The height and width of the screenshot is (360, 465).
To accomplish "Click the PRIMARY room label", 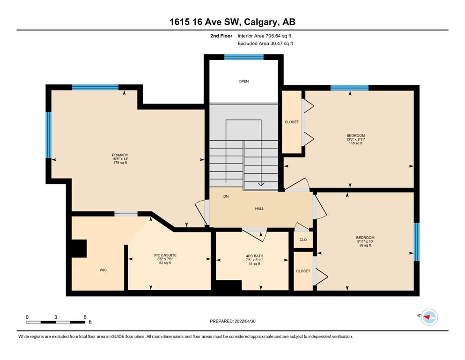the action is [x=120, y=155].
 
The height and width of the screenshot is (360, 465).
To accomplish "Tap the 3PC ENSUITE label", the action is [x=165, y=255].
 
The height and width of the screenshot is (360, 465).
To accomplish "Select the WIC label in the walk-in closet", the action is [x=103, y=270].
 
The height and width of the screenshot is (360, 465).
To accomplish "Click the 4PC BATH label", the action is [x=254, y=256].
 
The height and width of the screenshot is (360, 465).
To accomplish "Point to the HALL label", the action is [x=259, y=209].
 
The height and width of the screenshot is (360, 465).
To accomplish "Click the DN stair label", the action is [x=226, y=196].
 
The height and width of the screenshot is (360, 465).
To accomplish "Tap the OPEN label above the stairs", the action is [x=244, y=81].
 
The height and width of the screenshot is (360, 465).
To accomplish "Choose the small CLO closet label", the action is [x=303, y=240].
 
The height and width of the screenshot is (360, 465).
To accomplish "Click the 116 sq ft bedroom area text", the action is [x=355, y=143].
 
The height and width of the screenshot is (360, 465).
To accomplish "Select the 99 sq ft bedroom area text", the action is [x=365, y=246].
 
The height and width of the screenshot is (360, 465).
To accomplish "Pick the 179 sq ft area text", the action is [x=120, y=163].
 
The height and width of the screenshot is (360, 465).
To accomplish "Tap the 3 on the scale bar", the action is [x=56, y=317].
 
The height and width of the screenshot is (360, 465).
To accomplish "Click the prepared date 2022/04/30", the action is [x=245, y=321].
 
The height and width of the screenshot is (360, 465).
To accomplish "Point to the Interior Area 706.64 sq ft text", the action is [x=264, y=36].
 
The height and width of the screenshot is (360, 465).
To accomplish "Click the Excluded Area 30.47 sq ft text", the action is [x=265, y=43].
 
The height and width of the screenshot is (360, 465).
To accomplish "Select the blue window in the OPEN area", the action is [x=244, y=57].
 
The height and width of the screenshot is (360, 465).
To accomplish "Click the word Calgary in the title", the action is [x=262, y=22].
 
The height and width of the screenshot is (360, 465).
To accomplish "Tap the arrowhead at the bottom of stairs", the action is [x=261, y=184].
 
